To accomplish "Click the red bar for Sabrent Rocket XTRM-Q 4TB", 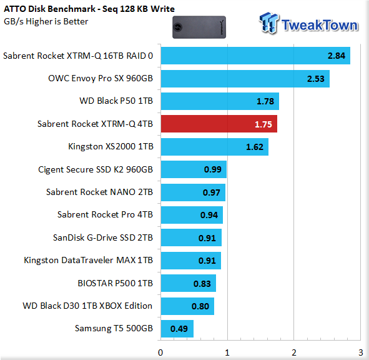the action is click(219, 124).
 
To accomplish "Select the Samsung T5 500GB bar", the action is click(177, 329).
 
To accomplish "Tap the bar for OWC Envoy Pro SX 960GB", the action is click(245, 79).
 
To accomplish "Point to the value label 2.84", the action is click(337, 56).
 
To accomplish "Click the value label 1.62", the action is click(255, 147).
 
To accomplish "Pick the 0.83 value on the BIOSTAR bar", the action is click(202, 284).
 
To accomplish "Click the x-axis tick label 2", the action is click(294, 352).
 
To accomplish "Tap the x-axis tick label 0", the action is click(160, 352).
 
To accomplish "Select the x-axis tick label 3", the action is click(361, 352).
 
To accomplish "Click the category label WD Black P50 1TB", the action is click(116, 101).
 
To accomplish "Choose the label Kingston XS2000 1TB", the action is click(111, 146).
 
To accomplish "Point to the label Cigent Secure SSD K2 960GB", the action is click(96, 169).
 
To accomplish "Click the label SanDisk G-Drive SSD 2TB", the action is click(103, 237).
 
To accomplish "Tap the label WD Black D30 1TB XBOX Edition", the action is click(87, 306).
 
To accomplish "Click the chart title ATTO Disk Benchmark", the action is click(50, 9).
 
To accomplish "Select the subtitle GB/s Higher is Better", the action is click(46, 21).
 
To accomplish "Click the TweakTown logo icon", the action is click(269, 23).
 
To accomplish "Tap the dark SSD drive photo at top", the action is click(199, 27).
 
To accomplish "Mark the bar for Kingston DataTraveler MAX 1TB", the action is click(191, 261).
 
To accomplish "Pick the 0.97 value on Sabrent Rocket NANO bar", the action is click(212, 192).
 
